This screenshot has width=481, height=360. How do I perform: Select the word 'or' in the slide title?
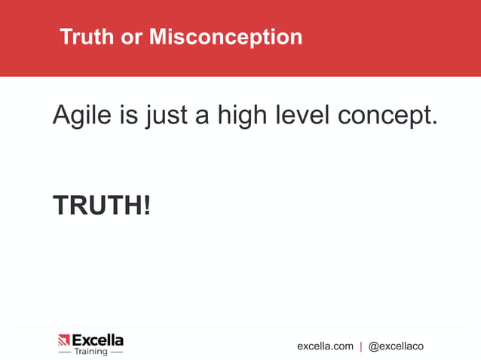tap(131, 36)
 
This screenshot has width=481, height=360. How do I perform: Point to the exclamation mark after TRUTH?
tap(146, 205)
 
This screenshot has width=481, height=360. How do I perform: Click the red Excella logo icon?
tap(63, 341)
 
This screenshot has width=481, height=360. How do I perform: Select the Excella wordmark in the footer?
tap(97, 340)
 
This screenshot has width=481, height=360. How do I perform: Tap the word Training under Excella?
tap(91, 352)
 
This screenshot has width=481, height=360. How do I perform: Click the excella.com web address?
tap(325, 346)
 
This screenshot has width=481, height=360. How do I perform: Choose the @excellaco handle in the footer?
tap(396, 346)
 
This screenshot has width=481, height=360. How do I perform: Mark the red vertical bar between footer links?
tap(361, 346)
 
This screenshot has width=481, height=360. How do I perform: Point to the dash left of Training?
tap(65, 352)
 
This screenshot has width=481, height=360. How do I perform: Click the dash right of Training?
tap(117, 352)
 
